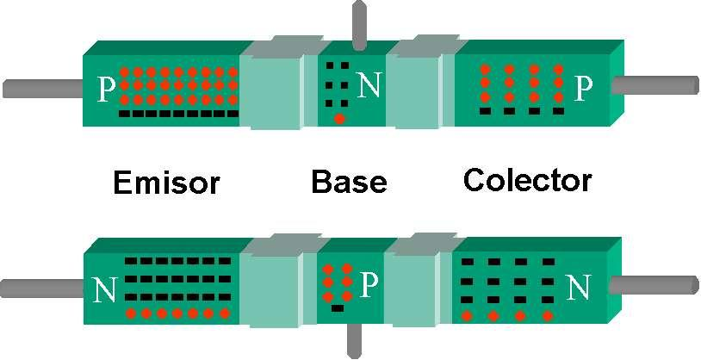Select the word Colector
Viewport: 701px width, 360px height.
tap(527, 181)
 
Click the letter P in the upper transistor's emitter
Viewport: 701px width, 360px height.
tap(106, 88)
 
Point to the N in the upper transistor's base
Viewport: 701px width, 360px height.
tap(368, 84)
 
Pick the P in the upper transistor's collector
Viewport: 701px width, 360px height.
tap(584, 86)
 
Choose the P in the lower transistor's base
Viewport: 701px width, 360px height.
tap(368, 284)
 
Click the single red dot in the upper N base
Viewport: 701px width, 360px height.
tap(339, 118)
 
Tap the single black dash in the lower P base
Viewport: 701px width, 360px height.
tap(337, 307)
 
